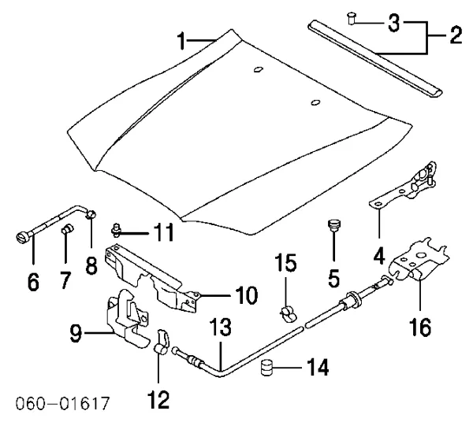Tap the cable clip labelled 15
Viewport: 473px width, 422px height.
288,313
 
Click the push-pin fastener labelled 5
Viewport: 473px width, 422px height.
333,229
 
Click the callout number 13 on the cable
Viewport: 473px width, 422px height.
222,327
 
